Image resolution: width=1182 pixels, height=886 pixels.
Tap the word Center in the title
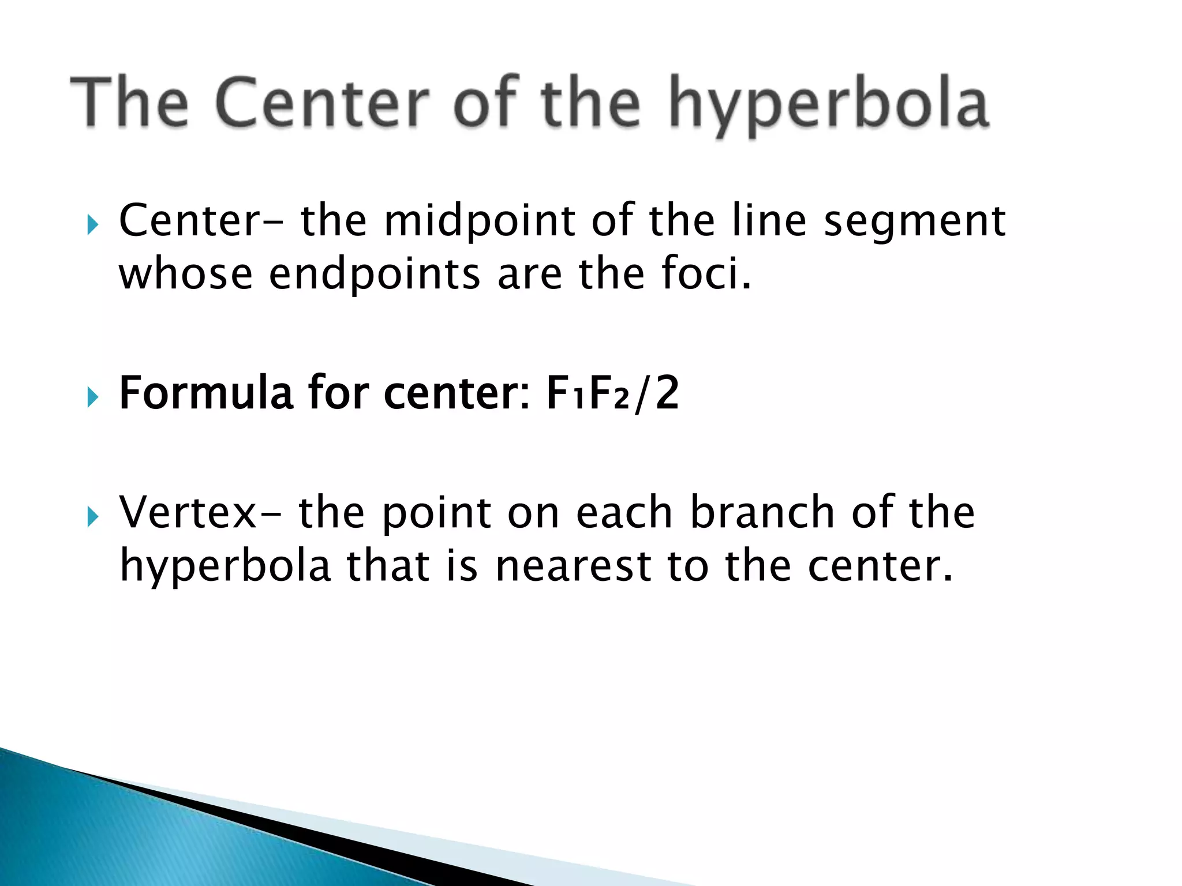323,103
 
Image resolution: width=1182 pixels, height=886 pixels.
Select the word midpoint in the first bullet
480,221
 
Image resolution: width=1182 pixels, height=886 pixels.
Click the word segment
914,223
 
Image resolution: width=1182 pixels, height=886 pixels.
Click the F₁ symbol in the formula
565,394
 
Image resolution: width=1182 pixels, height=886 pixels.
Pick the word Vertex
188,513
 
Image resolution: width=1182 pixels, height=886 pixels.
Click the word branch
762,513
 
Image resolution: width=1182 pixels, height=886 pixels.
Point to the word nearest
573,566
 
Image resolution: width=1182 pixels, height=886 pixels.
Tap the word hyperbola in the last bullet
225,566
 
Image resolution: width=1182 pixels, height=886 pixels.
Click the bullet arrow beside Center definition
92,224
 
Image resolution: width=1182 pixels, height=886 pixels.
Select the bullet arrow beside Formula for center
92,397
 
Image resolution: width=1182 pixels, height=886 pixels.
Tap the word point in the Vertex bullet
436,514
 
